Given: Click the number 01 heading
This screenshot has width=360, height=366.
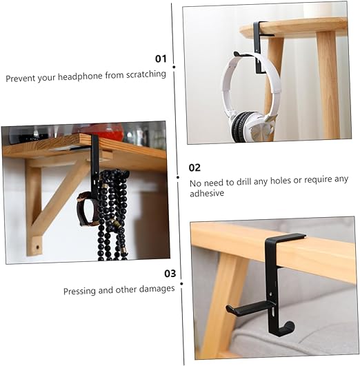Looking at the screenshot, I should tap(161, 59).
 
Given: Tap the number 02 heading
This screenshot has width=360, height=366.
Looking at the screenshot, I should tap(194, 167).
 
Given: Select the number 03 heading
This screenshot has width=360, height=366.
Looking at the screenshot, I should tap(170, 273).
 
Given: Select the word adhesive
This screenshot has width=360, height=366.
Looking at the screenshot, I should tap(207, 194).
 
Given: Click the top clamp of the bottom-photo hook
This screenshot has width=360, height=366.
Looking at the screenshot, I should tap(282, 238).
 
